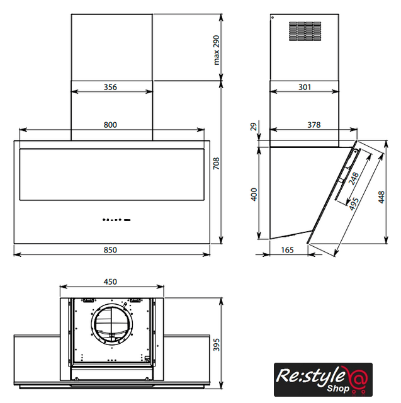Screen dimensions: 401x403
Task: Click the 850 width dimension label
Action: point(110,250)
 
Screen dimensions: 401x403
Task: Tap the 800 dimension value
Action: point(110,125)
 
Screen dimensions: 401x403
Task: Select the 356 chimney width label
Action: point(110,87)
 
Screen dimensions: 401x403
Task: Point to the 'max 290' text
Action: point(217,50)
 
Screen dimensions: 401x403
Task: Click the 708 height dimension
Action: point(217,163)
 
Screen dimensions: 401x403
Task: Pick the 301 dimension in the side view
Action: point(305,87)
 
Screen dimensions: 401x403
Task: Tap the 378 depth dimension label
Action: point(314,125)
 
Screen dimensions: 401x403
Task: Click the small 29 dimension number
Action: point(254,127)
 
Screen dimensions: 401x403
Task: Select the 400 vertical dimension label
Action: point(254,195)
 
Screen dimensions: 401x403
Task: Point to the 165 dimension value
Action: point(287,250)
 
